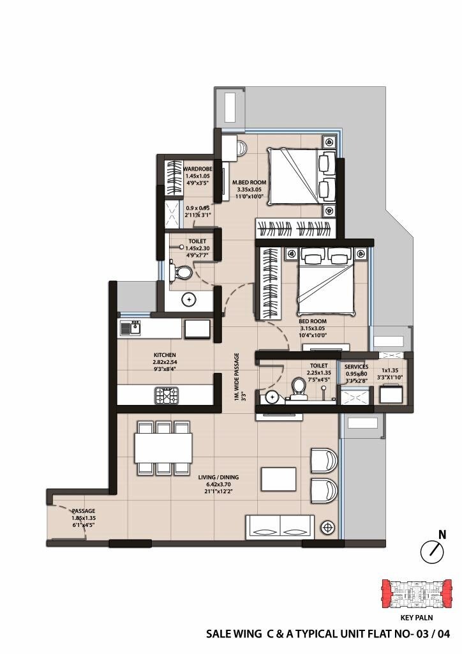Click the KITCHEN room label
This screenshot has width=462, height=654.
tap(165, 354)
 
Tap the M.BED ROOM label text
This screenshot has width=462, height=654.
tap(249, 182)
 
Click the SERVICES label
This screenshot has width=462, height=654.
tap(356, 367)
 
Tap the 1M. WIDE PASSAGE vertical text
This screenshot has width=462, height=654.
tap(236, 377)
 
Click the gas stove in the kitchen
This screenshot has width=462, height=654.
tap(167, 395)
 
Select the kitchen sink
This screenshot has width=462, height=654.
tap(130, 328)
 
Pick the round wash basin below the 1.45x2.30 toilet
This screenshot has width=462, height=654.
tap(188, 299)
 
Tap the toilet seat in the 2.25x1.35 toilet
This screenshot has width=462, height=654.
tap(298, 387)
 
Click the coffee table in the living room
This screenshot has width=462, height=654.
tap(278, 479)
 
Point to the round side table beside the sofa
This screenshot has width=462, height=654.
tap(329, 527)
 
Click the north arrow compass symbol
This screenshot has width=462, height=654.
tap(432, 550)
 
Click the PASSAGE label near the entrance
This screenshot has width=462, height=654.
tap(83, 511)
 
